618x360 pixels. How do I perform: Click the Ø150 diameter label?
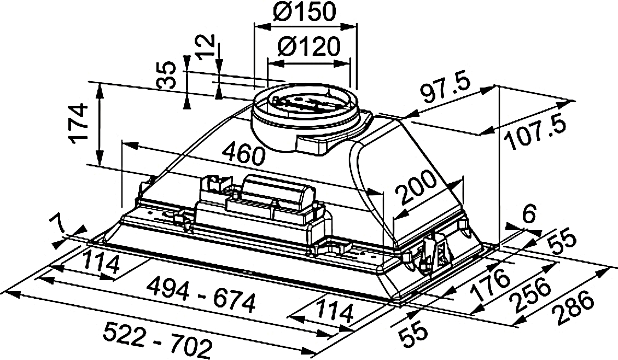click(305, 12)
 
